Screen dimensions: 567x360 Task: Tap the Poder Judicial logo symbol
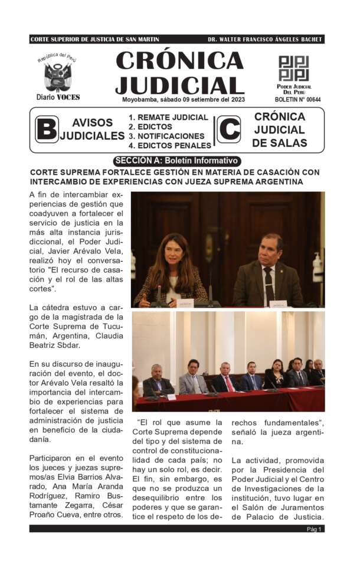(293, 69)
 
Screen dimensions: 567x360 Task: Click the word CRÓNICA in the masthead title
(180, 60)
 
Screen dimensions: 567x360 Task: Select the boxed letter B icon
(47, 129)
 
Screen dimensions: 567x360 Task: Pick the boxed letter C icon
(229, 129)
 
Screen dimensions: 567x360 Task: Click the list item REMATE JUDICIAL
(168, 118)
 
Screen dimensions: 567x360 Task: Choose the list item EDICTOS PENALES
(169, 145)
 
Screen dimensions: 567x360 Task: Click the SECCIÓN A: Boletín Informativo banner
(177, 161)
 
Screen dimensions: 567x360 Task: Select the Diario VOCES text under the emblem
(58, 97)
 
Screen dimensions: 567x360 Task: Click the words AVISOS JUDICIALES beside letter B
(92, 129)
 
